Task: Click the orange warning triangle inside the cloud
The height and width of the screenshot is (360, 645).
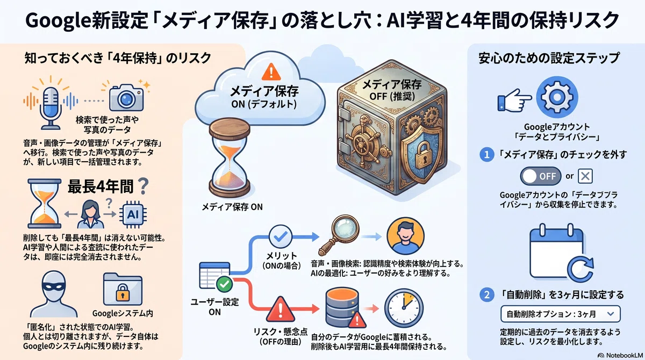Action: pyautogui.click(x=271, y=72)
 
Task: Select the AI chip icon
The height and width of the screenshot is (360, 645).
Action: pyautogui.click(x=133, y=214)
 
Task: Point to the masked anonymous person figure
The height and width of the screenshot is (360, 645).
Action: pyautogui.click(x=54, y=294)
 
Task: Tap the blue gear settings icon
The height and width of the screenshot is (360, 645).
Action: pyautogui.click(x=557, y=97)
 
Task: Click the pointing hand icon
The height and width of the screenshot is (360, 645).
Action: pyautogui.click(x=514, y=100)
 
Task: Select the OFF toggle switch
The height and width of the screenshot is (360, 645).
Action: pyautogui.click(x=541, y=176)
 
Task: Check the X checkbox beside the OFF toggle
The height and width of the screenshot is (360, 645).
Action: pyautogui.click(x=585, y=176)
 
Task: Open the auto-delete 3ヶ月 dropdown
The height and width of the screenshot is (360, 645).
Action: pyautogui.click(x=560, y=314)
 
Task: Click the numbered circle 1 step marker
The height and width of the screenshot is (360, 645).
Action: pyautogui.click(x=486, y=155)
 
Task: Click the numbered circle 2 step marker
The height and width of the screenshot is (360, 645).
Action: pyautogui.click(x=486, y=294)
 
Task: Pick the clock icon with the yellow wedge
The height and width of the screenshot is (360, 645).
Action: pyautogui.click(x=404, y=308)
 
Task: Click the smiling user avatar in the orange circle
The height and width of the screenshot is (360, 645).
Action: pyautogui.click(x=405, y=236)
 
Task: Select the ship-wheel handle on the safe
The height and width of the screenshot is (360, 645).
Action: pyautogui.click(x=364, y=142)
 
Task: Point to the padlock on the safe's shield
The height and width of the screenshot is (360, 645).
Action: pyautogui.click(x=422, y=156)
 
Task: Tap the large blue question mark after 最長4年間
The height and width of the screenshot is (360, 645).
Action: pyautogui.click(x=144, y=185)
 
